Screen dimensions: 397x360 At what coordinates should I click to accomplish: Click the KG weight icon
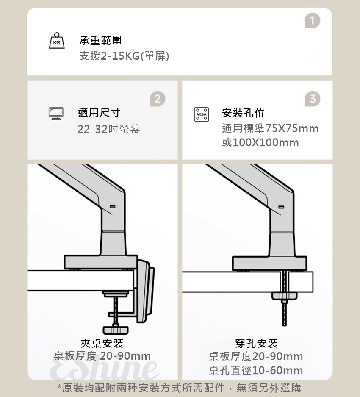(x=56, y=41)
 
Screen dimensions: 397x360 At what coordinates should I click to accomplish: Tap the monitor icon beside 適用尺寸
(x=56, y=114)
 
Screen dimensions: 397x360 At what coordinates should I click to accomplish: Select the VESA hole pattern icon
(x=201, y=114)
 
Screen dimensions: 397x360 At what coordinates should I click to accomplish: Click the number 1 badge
(x=312, y=20)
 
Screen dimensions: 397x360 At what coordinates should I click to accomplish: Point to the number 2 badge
(x=157, y=99)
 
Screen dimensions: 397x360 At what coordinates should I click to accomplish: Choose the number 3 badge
(x=312, y=99)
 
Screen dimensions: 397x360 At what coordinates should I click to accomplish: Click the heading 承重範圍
(x=100, y=41)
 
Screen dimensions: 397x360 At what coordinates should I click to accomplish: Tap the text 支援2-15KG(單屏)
(x=124, y=56)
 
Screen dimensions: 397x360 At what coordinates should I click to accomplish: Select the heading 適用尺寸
(x=99, y=113)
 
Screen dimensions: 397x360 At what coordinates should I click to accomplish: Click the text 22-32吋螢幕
(x=108, y=129)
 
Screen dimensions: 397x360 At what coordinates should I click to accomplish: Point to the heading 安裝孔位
(x=243, y=113)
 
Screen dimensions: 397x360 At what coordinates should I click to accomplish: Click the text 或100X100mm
(x=260, y=142)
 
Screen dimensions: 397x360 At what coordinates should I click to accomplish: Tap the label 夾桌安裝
(x=102, y=342)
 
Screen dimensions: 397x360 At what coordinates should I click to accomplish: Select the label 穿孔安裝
(x=256, y=342)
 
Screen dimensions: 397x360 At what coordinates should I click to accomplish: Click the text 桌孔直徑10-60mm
(x=256, y=371)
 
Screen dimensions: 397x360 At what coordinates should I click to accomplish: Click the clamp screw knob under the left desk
(x=116, y=329)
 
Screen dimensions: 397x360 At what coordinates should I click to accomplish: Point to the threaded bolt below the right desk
(x=284, y=314)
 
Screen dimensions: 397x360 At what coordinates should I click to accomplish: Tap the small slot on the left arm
(x=112, y=206)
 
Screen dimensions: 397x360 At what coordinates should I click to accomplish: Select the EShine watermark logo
(x=104, y=368)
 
